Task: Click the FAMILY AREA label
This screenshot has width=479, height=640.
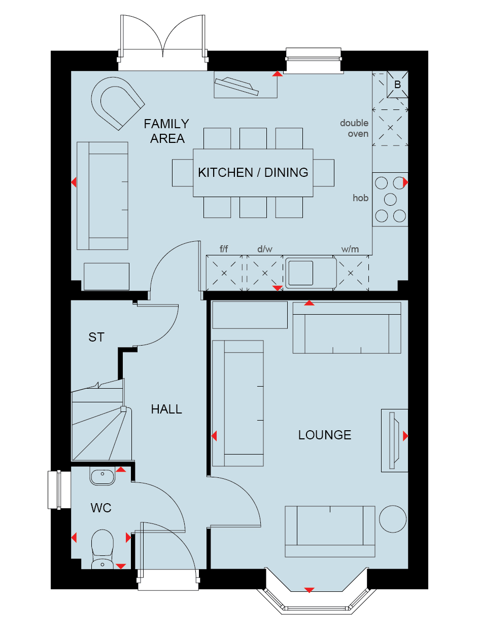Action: click(x=166, y=131)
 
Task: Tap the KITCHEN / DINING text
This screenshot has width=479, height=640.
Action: click(x=253, y=172)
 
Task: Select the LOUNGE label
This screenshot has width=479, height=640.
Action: click(x=325, y=435)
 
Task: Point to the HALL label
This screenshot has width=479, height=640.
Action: click(x=166, y=409)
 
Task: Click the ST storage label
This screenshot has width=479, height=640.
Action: click(x=96, y=337)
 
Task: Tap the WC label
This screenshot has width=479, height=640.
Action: click(x=101, y=508)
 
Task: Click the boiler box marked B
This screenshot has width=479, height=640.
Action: click(x=397, y=84)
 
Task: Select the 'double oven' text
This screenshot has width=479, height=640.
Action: click(x=354, y=128)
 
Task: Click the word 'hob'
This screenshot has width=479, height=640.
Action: click(x=360, y=198)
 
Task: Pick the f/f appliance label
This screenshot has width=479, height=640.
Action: click(x=224, y=249)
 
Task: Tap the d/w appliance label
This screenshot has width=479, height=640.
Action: click(x=265, y=249)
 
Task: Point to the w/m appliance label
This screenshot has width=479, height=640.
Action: click(x=350, y=249)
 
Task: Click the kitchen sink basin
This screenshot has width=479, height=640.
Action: click(x=301, y=273)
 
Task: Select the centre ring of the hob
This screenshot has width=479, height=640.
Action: click(x=390, y=200)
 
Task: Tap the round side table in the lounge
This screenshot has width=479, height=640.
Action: click(x=393, y=519)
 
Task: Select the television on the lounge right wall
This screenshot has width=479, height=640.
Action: click(x=394, y=440)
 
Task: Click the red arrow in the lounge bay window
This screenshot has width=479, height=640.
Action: click(x=309, y=590)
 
